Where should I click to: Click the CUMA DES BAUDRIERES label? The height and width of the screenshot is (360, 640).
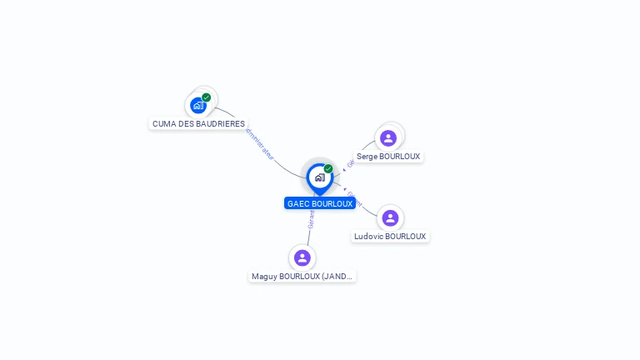(199, 123)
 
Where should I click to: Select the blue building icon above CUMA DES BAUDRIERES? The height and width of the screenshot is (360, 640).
(197, 105)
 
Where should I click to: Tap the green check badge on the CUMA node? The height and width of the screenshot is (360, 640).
(207, 97)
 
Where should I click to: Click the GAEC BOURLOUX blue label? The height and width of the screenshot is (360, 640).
(320, 203)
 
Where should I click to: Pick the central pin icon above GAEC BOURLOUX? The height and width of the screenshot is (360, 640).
(319, 177)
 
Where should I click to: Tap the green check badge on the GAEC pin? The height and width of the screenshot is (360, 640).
(328, 168)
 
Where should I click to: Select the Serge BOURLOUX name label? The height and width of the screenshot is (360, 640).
(388, 156)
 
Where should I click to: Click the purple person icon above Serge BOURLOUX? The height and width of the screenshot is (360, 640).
(388, 137)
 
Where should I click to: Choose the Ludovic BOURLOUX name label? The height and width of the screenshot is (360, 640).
(390, 236)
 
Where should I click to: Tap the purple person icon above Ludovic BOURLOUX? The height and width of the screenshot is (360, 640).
(390, 217)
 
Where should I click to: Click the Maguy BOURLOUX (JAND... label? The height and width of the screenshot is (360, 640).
(302, 276)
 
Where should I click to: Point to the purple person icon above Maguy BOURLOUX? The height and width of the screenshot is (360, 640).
(302, 257)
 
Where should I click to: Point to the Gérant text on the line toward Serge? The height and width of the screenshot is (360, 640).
(351, 163)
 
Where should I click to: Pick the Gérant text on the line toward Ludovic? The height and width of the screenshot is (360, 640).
(354, 197)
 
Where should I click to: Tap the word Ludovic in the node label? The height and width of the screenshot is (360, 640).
(369, 236)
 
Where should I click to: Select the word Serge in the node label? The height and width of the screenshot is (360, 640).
(367, 156)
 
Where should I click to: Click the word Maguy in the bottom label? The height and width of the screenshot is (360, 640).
(264, 276)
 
